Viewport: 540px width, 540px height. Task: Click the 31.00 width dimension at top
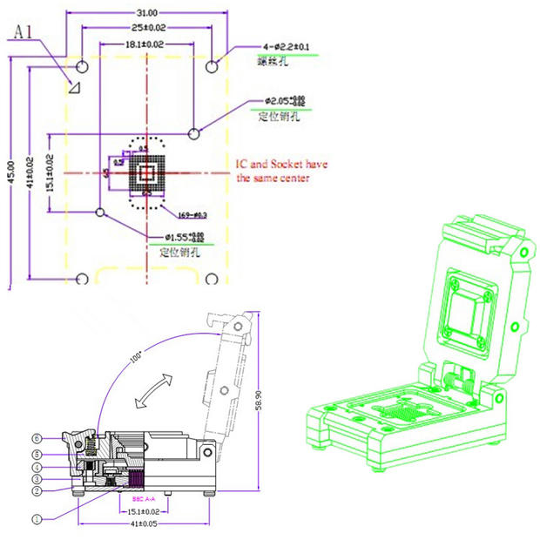146,12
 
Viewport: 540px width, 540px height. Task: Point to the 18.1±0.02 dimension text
144,44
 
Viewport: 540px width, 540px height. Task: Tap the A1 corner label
24,31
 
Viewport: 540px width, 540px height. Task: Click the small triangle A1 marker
75,85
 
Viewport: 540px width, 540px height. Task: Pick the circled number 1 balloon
37,519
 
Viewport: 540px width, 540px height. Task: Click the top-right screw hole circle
212,66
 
